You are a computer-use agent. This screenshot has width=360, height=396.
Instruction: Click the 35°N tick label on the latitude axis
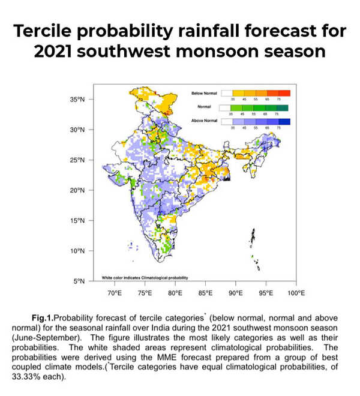[78, 99]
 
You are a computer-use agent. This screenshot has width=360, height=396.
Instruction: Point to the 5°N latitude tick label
[80, 281]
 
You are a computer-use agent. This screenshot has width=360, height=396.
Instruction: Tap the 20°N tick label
[78, 190]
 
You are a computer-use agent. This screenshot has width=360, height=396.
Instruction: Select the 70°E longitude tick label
[114, 293]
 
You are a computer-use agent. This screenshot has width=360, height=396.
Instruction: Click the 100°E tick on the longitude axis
[296, 293]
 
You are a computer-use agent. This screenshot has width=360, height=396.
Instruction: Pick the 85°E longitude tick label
[205, 293]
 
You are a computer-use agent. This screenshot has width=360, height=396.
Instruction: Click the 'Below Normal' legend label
[204, 94]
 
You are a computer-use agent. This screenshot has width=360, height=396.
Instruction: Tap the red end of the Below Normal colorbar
[284, 93]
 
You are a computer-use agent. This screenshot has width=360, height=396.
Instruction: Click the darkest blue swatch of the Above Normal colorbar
[284, 122]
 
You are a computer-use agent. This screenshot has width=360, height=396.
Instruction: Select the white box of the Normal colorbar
[226, 107]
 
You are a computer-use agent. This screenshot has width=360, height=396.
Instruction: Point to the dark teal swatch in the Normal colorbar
[284, 107]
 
